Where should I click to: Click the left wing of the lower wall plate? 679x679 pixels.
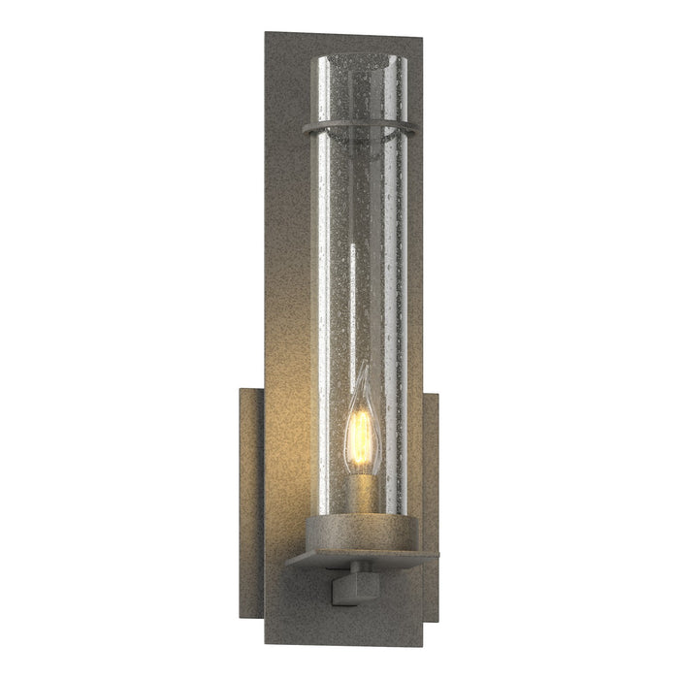point(251,485)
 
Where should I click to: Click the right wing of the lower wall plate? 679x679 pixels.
point(431,485)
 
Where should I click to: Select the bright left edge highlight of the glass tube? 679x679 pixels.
point(317,291)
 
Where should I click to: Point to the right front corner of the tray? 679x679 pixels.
point(437,554)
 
